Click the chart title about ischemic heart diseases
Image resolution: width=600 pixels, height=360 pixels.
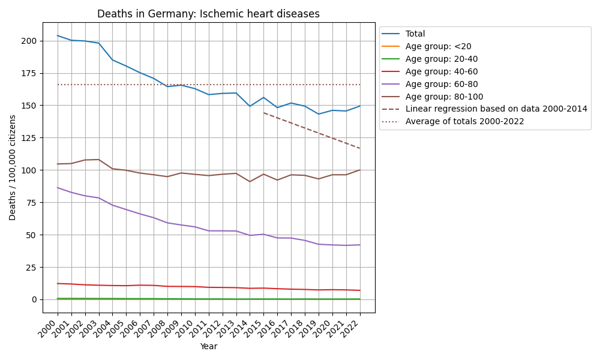coord(208,14)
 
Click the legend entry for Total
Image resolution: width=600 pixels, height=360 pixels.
coord(415,34)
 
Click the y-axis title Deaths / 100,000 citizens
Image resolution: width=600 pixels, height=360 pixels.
coord(13,167)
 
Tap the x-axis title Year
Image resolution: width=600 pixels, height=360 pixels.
coord(208,346)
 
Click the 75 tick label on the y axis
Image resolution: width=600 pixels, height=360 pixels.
coord(32,203)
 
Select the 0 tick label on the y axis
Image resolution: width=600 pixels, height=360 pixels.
coord(35,299)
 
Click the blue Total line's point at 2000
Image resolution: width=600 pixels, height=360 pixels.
coord(58,35)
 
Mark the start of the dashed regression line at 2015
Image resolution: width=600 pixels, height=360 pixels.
coord(264,113)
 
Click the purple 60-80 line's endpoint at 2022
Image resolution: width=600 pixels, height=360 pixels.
coord(360,245)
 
